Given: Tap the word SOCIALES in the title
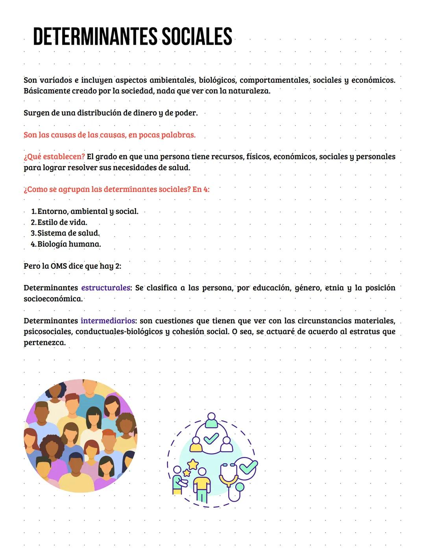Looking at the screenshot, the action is (197, 37).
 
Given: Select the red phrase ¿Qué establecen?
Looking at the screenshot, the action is (54, 157).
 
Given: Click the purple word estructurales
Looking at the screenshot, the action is (105, 288).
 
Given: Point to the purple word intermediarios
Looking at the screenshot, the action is (108, 321).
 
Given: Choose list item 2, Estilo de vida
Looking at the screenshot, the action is (62, 222).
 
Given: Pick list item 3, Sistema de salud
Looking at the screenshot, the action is (68, 233).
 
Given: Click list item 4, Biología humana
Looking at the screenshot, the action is (69, 244).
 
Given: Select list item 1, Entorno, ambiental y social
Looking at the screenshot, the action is (87, 211).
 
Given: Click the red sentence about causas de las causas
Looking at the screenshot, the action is (109, 135).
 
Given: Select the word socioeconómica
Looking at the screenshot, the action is (53, 299).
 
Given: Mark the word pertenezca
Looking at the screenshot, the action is (44, 343).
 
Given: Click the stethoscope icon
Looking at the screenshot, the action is (232, 476).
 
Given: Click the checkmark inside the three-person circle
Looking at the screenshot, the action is (211, 437).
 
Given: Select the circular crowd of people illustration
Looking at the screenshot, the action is (81, 436).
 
